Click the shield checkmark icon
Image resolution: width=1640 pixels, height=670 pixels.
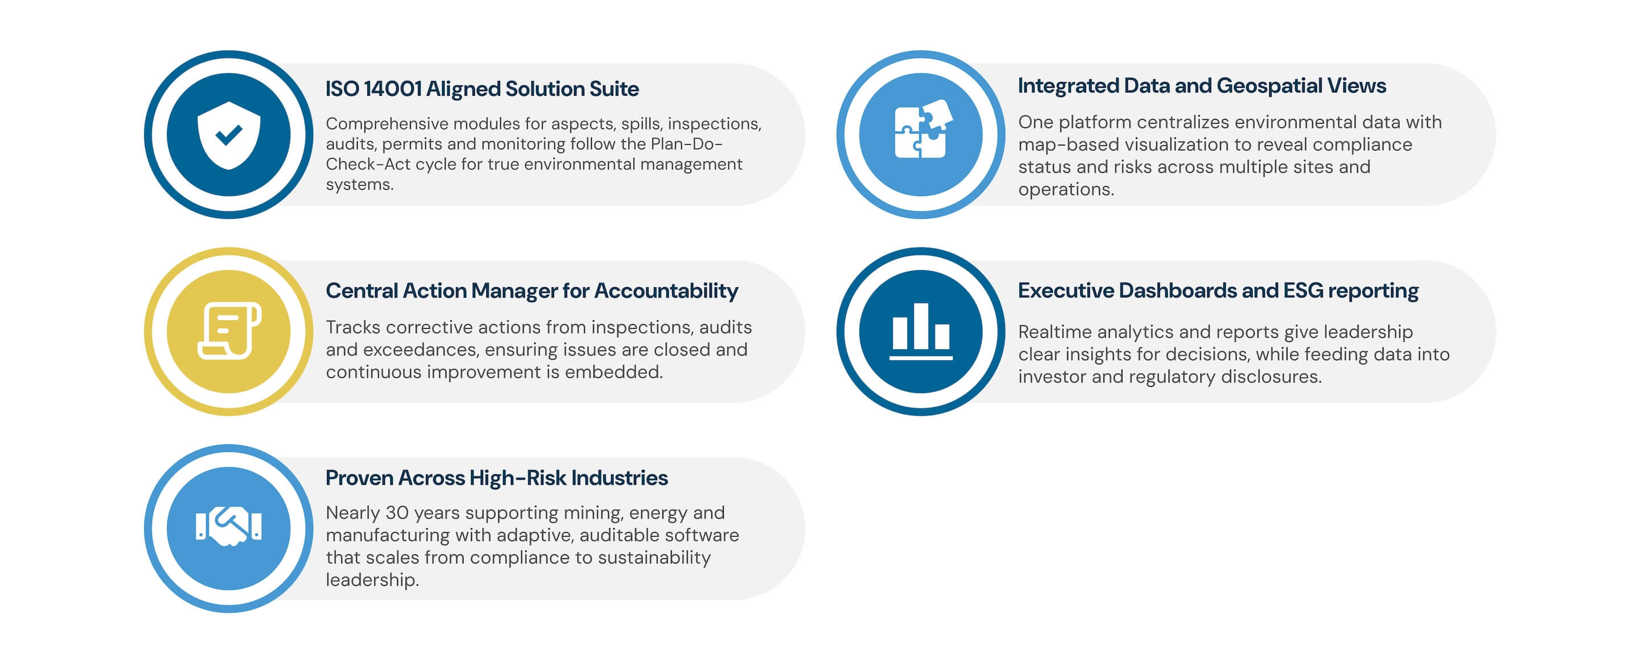(x=228, y=135)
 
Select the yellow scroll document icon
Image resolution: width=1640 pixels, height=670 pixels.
(x=229, y=331)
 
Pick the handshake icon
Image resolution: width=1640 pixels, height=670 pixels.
(x=228, y=526)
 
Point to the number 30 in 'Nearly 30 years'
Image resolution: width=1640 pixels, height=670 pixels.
(x=397, y=513)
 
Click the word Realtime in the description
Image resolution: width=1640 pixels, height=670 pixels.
(x=1054, y=332)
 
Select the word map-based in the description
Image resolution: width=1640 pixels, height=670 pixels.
(x=1059, y=145)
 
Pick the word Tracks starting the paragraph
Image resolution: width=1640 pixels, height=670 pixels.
(x=352, y=328)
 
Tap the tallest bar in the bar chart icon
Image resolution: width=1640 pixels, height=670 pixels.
(x=921, y=325)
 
